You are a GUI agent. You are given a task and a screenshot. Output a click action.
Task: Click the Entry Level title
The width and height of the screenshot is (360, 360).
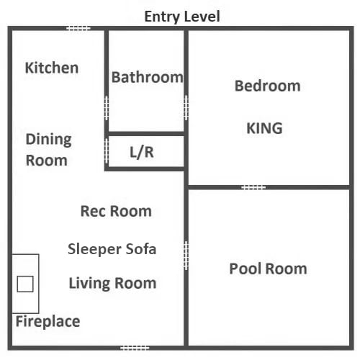tap(182, 17)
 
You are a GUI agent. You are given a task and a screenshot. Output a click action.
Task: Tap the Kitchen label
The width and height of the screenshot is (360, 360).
tap(52, 68)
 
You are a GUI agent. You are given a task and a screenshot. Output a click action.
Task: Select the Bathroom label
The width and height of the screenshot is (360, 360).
tap(147, 77)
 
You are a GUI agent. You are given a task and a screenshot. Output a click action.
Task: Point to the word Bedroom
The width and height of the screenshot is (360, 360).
tap(268, 86)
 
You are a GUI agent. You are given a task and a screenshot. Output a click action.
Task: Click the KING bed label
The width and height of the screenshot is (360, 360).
tap(264, 128)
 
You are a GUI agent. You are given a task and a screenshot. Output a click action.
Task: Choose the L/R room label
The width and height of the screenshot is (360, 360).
tap(142, 152)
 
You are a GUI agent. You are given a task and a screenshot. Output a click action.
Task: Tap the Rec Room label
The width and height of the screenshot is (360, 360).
tap(116, 211)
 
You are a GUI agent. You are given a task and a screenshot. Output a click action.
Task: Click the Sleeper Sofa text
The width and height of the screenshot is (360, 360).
tap(112, 249)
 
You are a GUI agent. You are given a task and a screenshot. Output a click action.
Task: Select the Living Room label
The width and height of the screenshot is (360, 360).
tap(112, 283)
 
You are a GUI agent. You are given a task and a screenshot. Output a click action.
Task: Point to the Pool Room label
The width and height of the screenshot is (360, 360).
tap(268, 269)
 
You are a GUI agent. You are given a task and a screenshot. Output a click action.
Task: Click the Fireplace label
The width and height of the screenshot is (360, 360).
tap(48, 322)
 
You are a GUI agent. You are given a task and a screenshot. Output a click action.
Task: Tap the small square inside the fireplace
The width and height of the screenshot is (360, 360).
tap(25, 284)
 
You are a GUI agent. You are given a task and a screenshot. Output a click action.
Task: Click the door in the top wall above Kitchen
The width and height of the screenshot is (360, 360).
tap(78, 29)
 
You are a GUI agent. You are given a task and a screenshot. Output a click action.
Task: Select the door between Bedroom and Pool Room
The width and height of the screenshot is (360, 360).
tap(253, 187)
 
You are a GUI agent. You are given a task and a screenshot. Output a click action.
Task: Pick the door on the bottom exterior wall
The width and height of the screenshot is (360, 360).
tap(135, 348)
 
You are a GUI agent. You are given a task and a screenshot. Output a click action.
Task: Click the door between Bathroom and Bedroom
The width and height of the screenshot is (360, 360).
tap(186, 108)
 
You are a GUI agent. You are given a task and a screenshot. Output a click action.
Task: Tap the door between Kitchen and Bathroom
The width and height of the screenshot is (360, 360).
tap(107, 108)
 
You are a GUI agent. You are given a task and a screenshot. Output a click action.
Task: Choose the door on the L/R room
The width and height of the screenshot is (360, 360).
tap(107, 151)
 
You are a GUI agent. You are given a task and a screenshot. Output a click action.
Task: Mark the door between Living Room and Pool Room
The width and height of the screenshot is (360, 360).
tap(186, 256)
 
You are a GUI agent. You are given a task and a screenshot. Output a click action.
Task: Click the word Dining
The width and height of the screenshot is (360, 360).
tap(49, 140)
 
